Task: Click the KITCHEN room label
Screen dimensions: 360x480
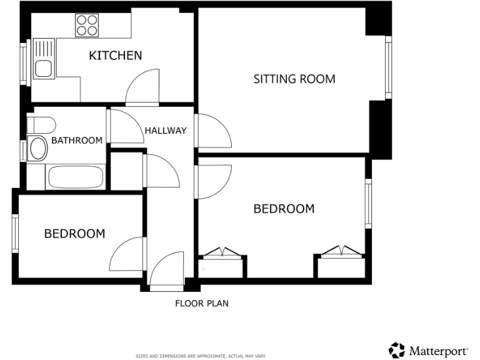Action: click(116, 56)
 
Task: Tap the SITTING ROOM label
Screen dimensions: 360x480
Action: click(294, 79)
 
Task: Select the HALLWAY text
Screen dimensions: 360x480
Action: click(166, 131)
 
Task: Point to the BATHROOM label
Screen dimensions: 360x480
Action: click(76, 141)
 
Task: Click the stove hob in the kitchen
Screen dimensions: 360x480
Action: click(87, 26)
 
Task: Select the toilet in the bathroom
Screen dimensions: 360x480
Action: click(41, 124)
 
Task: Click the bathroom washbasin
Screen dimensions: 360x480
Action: click(38, 149)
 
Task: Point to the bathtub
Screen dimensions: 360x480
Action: click(76, 177)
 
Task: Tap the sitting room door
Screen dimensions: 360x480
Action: click(211, 131)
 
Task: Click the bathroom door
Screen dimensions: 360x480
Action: click(125, 127)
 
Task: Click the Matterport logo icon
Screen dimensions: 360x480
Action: click(396, 349)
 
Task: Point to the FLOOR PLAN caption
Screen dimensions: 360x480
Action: click(201, 304)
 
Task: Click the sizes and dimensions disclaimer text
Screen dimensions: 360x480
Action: click(201, 356)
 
